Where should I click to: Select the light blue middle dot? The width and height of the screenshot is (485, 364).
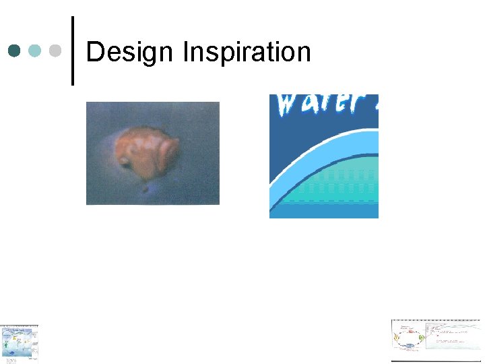36,51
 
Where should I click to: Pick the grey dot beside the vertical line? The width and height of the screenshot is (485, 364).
56,51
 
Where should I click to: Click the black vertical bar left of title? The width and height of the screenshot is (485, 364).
72,51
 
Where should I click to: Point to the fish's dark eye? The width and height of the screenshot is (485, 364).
126,161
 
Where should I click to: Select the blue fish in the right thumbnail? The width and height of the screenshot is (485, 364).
409,346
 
